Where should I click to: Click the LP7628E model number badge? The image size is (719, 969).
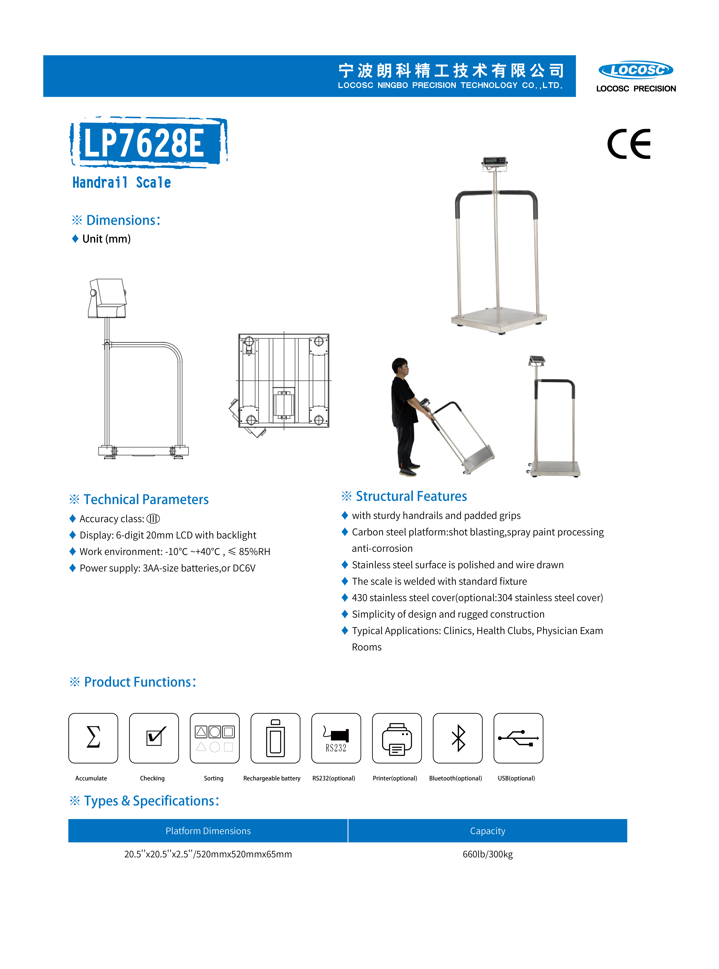pos(148,143)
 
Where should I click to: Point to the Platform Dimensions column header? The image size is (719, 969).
pos(208,831)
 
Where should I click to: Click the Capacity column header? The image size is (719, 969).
pos(487,831)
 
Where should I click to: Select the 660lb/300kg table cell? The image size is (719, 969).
pos(487,854)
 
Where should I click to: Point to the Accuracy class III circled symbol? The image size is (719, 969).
pos(153,519)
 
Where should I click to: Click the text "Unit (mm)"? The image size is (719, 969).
pos(106,239)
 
